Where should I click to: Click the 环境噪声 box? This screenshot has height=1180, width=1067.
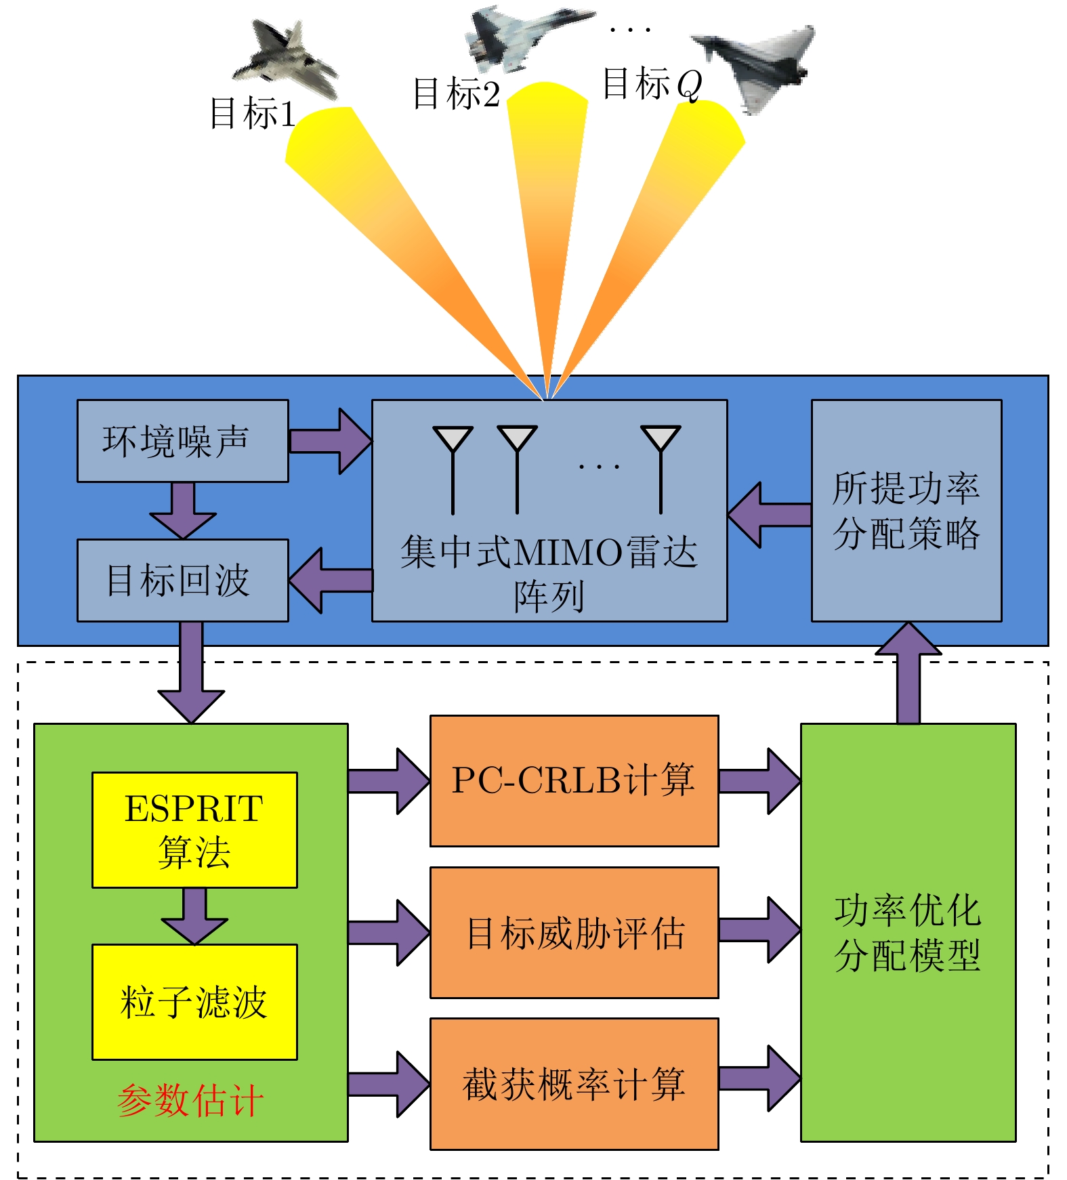tap(182, 441)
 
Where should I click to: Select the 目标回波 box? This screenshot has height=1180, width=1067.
tap(182, 581)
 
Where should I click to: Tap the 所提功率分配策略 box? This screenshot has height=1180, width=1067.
tap(906, 510)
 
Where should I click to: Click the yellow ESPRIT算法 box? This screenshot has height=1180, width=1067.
tap(194, 830)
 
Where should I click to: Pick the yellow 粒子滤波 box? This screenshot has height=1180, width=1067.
tap(194, 1002)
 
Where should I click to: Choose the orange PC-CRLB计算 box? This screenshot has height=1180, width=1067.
tap(574, 780)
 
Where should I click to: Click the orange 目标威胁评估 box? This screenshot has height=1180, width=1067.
tap(574, 933)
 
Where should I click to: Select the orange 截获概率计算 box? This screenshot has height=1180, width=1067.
tap(574, 1084)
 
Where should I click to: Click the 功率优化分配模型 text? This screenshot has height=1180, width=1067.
tap(908, 933)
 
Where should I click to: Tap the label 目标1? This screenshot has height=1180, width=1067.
tap(252, 113)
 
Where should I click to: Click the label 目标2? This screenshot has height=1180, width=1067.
tap(456, 93)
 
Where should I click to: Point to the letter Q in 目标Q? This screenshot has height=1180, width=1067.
tap(689, 85)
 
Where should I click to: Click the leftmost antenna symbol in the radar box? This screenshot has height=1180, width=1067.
tap(453, 467)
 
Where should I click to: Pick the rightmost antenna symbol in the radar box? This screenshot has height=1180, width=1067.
tap(661, 467)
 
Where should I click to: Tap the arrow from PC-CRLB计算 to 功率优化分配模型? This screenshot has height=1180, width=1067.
tap(759, 781)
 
